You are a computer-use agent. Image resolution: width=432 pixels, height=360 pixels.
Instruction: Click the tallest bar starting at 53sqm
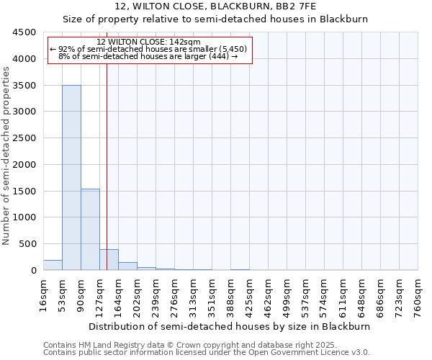pos(71,177)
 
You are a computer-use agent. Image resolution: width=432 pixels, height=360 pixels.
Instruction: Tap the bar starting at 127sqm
pos(109,259)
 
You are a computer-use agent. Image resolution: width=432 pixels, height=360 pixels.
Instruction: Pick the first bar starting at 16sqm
pos(53,265)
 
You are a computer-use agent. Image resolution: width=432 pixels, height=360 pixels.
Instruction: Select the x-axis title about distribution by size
pos(230,326)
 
